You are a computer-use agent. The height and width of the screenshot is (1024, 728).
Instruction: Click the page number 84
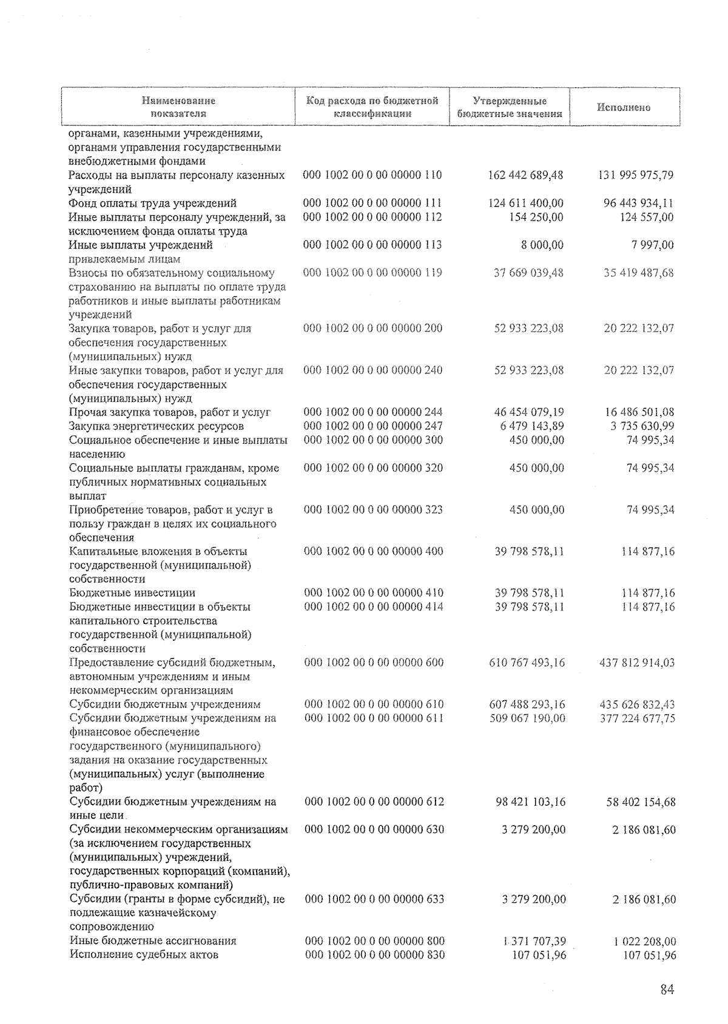(667, 990)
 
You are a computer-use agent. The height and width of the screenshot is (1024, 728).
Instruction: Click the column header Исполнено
(623, 107)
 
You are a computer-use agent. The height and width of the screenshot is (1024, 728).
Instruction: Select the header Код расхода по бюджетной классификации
(372, 107)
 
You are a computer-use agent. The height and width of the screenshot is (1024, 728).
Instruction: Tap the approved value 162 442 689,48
(525, 175)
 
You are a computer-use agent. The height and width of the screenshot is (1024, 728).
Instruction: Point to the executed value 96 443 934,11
(638, 203)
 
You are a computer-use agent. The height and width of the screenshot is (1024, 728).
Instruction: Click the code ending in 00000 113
(372, 245)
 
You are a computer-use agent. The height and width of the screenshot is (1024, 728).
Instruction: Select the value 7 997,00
(650, 245)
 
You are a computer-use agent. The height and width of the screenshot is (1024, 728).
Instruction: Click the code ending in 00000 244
(373, 412)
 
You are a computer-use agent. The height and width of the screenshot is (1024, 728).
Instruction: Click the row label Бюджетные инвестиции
(132, 593)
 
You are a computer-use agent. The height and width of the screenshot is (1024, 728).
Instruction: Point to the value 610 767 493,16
(527, 663)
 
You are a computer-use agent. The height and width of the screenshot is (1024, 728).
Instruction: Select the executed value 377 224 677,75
(637, 718)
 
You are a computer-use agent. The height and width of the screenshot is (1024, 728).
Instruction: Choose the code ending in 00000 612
(374, 801)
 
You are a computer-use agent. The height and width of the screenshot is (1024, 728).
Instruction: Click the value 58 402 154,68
(641, 802)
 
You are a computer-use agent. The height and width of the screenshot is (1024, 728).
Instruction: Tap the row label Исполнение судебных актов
(144, 955)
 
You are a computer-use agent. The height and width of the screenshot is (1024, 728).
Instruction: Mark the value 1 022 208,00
(644, 942)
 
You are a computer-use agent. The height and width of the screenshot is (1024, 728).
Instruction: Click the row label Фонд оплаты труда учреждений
(153, 203)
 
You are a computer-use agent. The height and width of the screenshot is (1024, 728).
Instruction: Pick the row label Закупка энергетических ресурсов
(157, 426)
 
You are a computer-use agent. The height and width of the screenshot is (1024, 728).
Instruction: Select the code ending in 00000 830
(374, 955)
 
